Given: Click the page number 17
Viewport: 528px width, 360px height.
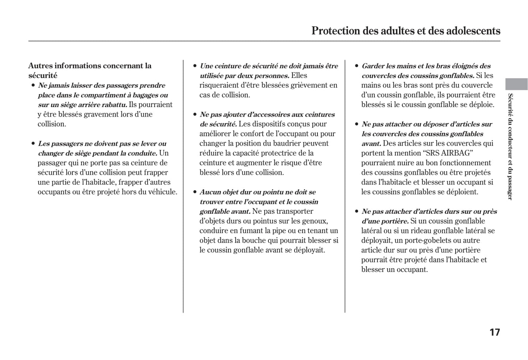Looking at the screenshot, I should tap(494, 332).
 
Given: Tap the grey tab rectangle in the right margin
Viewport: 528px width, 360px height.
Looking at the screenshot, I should tap(516, 84).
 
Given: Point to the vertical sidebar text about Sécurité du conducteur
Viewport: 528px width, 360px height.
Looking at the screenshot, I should tap(510, 146).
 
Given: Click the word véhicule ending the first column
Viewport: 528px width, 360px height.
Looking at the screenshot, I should tap(162, 192).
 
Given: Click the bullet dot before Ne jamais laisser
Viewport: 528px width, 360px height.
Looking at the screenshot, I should tap(33, 86).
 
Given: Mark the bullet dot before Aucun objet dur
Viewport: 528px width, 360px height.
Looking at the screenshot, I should tap(195, 192).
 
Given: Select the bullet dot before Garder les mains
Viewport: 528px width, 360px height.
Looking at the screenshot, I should tap(357, 66).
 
